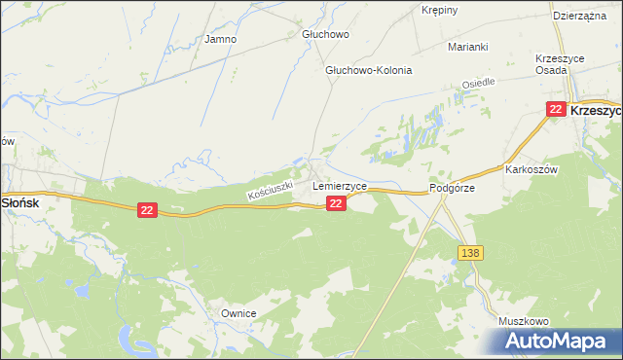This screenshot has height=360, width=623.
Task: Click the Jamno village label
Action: coord(221,40)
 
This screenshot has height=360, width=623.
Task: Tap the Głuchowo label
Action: coord(324,33)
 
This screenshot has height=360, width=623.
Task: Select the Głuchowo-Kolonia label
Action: coord(369,70)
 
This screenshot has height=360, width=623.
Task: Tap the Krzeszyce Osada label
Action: coord(560,65)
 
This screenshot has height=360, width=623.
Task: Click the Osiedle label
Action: coord(478,85)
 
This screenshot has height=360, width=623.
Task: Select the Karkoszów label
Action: coord(530,168)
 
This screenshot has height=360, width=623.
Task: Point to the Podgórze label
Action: coord(452,189)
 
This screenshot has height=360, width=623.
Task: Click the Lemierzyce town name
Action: coord(339,185)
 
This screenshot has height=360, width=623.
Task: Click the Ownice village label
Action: coord(238,313)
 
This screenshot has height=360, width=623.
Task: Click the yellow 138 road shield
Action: coord(470,253)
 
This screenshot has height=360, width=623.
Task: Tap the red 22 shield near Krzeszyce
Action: coord(555,109)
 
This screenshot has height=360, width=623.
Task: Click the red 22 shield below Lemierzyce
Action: coord(336,202)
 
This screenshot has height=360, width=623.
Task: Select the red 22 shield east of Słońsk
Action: coord(147,210)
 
